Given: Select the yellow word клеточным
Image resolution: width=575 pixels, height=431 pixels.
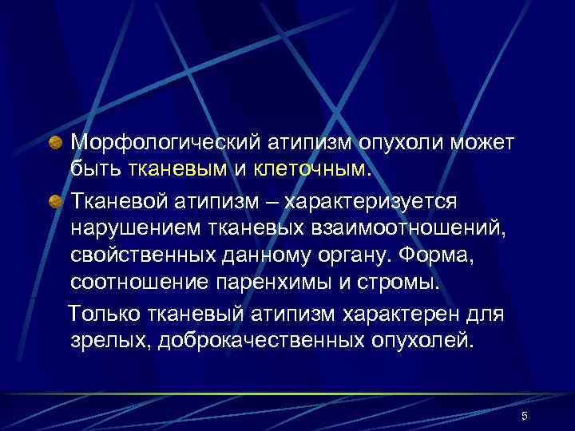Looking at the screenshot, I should coord(311,169).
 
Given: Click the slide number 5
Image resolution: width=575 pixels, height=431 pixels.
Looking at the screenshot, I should coord(525,416).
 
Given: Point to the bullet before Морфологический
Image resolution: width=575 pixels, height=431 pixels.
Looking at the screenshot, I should coord(57,142).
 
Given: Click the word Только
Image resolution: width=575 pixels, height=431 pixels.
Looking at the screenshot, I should coord(103,314).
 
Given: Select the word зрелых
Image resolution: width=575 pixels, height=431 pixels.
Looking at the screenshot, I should coord(107,342).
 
